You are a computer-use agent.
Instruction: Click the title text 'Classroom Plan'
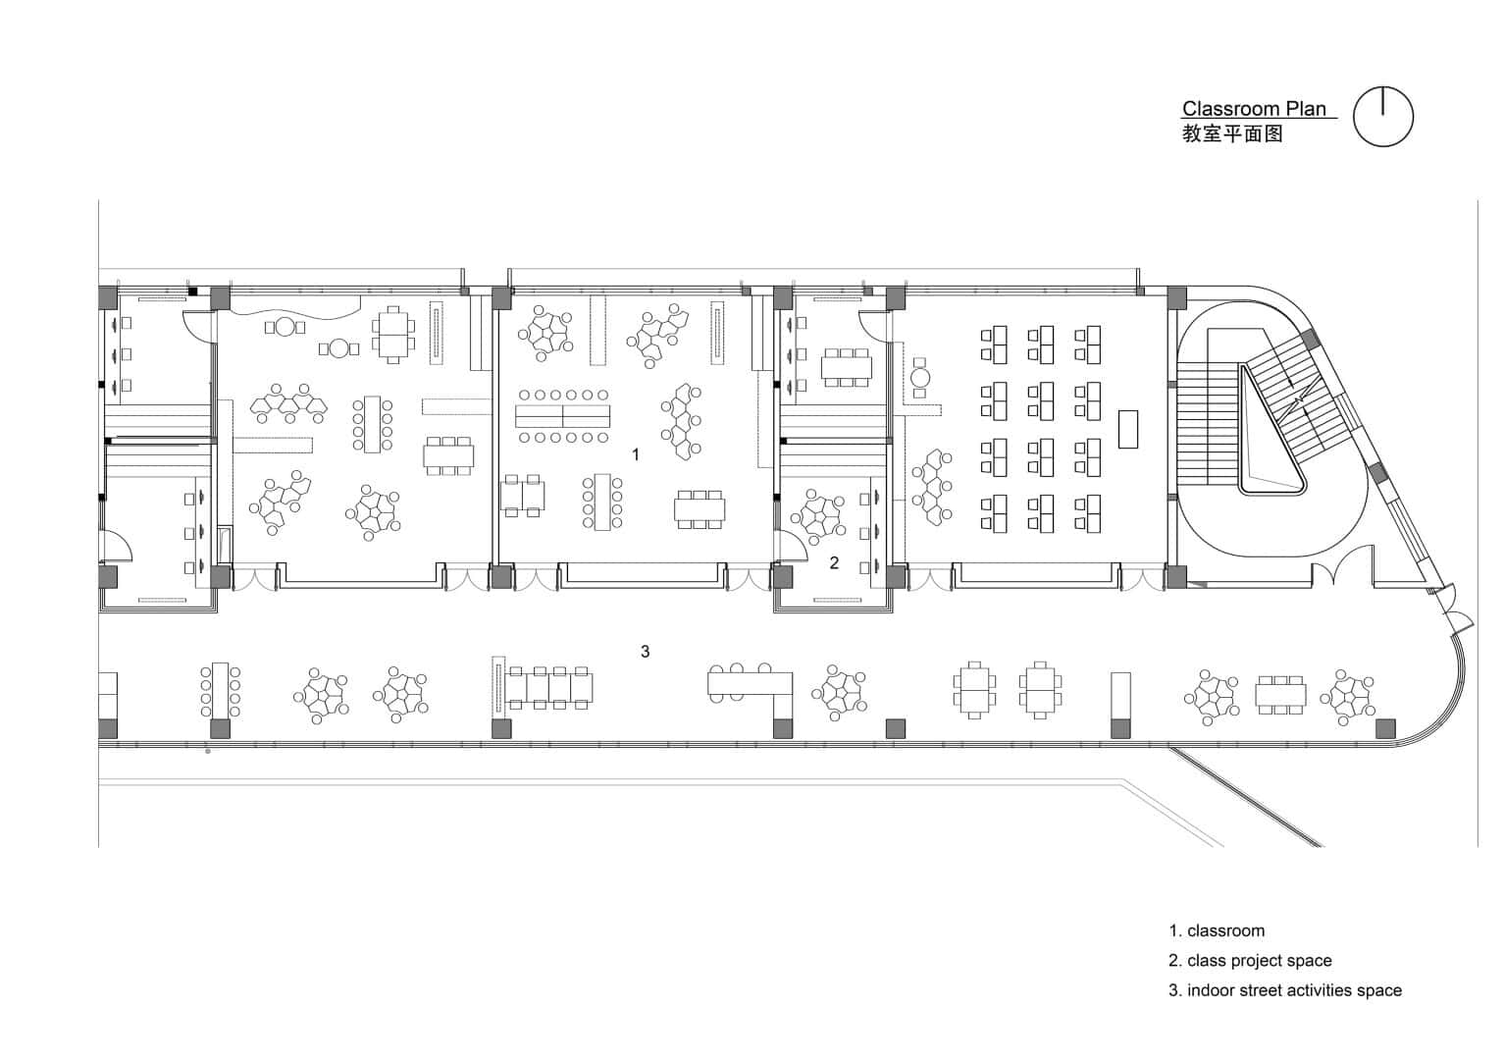[1253, 109]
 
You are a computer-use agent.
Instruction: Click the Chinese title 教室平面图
[1232, 134]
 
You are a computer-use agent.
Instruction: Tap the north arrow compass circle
[1383, 117]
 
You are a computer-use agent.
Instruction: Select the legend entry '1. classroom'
[1217, 930]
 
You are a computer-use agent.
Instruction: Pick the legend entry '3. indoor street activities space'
[1285, 990]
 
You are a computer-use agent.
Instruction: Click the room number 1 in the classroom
[636, 454]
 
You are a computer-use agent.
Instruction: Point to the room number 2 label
[834, 563]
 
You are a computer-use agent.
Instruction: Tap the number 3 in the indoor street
[645, 652]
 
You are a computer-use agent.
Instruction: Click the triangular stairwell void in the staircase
[1273, 447]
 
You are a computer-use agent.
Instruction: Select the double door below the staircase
[1345, 570]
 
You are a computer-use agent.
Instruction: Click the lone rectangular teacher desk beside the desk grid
[1128, 428]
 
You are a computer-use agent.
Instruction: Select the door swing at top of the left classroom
[197, 326]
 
